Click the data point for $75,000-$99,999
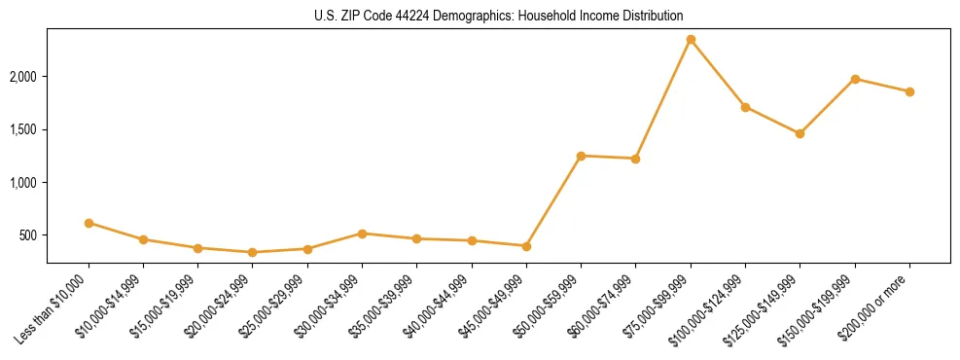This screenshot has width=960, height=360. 691,40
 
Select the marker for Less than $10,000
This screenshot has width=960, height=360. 89,223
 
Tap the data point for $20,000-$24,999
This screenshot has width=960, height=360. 253,252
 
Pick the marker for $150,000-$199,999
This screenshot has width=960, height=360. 855,79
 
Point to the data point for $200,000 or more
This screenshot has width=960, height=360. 909,91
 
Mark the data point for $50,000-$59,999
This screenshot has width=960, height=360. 581,156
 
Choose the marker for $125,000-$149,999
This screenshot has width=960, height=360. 800,133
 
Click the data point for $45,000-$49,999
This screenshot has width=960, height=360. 526,246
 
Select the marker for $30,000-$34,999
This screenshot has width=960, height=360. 362,234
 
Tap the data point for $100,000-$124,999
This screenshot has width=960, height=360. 745,107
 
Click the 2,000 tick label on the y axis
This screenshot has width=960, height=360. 23,77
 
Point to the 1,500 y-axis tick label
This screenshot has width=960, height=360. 23,129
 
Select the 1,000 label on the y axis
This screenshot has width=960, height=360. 23,183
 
